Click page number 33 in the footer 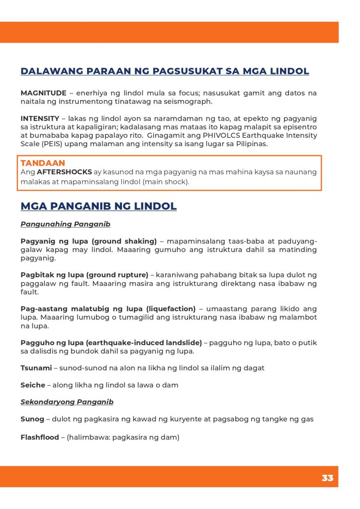tap(327, 478)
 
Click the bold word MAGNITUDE tap(43, 93)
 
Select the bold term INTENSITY tap(40, 119)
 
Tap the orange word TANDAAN tap(43, 163)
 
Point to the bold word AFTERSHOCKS tap(65, 172)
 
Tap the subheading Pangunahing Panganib tap(65, 224)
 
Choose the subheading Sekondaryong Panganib tap(67, 402)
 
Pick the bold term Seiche tap(33, 385)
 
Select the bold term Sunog tap(32, 419)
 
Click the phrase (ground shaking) tap(124, 242)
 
